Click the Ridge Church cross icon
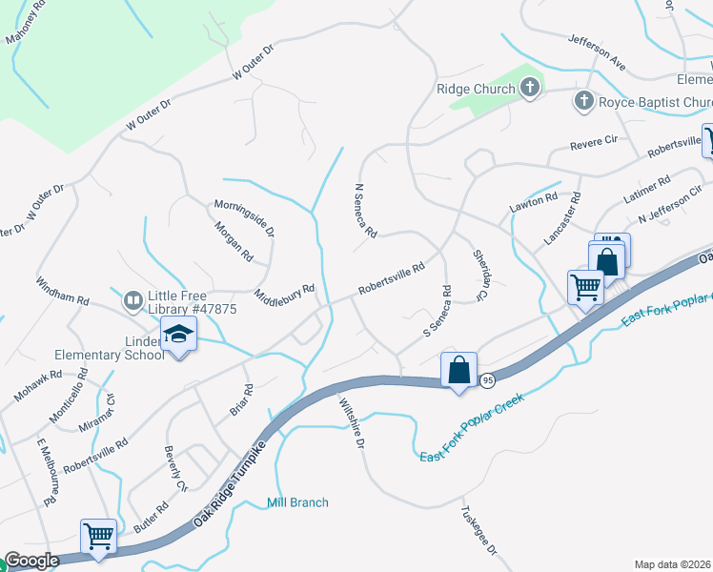pyautogui.click(x=531, y=89)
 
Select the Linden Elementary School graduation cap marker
pyautogui.click(x=177, y=336)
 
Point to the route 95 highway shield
pyautogui.click(x=488, y=378)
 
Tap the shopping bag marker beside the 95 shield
pyautogui.click(x=458, y=369)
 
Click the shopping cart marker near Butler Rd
pyautogui.click(x=99, y=536)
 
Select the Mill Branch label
pyautogui.click(x=297, y=502)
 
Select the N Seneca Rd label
pyautogui.click(x=365, y=211)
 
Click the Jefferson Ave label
pyautogui.click(x=596, y=52)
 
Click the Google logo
pyautogui.click(x=31, y=561)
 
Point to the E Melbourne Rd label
pyautogui.click(x=45, y=474)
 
